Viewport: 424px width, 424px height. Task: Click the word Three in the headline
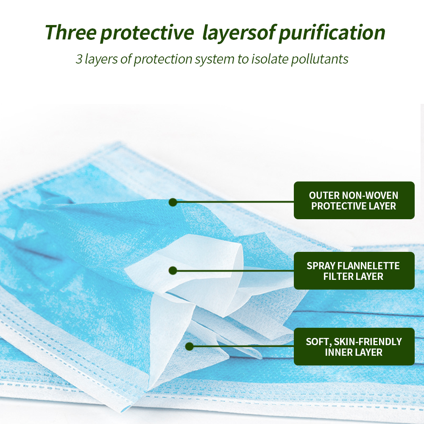coord(71,33)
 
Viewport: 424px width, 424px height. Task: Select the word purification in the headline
coord(332,33)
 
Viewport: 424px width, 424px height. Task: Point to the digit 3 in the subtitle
coord(79,59)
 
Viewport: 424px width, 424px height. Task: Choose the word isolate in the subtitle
coord(270,59)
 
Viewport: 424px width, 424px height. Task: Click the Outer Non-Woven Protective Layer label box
coord(354,201)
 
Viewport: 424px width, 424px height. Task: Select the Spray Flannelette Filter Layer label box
coord(354,271)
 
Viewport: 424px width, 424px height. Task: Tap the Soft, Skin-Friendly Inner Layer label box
coord(354,347)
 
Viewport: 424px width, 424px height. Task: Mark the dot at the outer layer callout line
coord(173,202)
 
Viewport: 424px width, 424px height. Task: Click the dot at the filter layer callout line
coord(173,271)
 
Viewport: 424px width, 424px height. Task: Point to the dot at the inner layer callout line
coord(189,346)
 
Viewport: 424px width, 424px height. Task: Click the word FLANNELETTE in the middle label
coord(368,266)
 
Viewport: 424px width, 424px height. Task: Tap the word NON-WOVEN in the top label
coord(370,195)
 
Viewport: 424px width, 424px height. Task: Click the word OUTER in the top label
coord(324,195)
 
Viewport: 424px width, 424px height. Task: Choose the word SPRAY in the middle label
coord(321,266)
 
